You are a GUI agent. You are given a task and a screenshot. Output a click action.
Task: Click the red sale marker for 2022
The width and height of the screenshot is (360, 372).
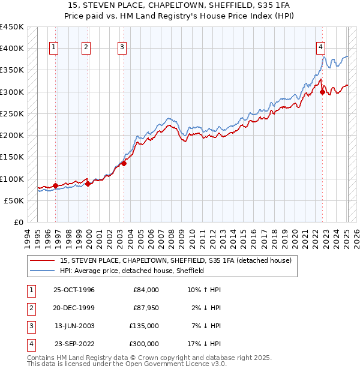click(x=323, y=92)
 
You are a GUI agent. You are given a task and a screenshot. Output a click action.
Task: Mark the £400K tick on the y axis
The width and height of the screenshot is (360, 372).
click(x=12, y=48)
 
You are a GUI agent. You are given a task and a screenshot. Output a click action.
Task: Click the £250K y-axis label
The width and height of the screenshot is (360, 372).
click(x=12, y=113)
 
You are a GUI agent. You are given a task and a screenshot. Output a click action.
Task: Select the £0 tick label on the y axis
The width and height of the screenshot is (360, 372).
click(x=17, y=222)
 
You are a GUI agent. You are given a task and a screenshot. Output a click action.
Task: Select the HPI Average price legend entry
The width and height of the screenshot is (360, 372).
click(x=132, y=271)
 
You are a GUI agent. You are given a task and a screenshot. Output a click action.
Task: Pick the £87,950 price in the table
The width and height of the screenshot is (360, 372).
click(x=146, y=308)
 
